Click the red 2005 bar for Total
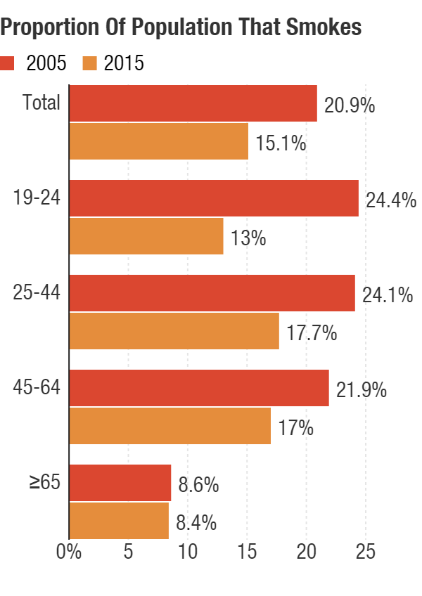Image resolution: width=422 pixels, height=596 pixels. coord(193,103)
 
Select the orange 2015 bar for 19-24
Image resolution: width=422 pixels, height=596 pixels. coord(146,236)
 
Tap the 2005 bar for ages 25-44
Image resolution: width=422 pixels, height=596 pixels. coord(212,292)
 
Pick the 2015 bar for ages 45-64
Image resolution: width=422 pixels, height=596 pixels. coord(170,425)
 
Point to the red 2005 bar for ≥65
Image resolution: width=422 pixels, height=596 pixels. coord(120,483)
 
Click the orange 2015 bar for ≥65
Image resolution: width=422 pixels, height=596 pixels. coord(120,521)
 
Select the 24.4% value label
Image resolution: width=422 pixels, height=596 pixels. coord(388,201)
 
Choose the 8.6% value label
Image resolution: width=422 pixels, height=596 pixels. coord(198,486)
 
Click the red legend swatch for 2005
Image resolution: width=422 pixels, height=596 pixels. coord(8,63)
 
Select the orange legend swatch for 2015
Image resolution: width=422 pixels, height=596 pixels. coord(89,63)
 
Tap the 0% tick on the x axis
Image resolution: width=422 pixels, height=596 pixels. coord(69,552)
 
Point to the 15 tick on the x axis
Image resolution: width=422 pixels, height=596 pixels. coord(247,552)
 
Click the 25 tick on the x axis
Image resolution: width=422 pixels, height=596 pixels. coord(366,552)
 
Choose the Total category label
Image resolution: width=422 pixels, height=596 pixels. coord(41,103)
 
